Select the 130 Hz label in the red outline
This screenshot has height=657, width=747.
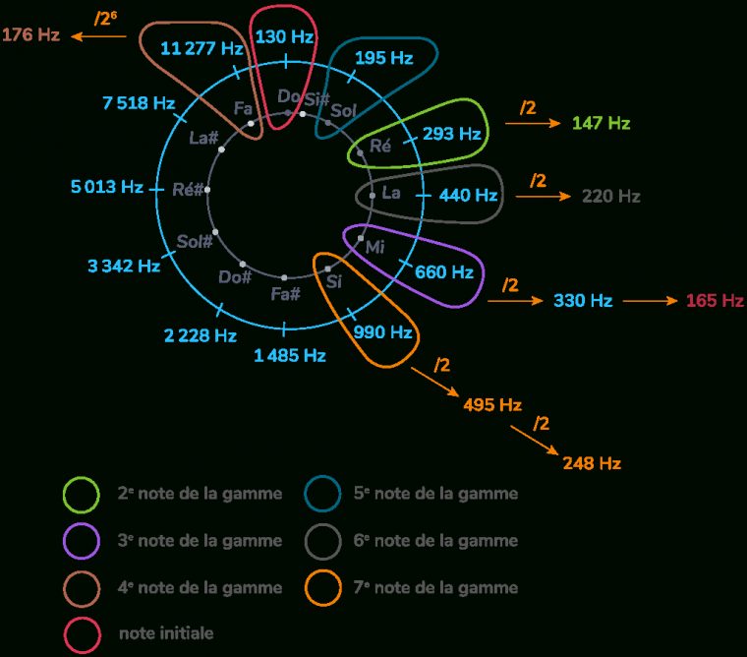click(x=284, y=37)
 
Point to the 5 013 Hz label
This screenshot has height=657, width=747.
click(x=107, y=186)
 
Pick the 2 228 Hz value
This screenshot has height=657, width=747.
click(x=201, y=335)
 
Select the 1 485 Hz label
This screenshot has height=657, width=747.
click(x=290, y=355)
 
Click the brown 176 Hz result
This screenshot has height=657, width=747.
click(x=30, y=34)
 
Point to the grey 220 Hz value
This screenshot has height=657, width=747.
click(x=610, y=196)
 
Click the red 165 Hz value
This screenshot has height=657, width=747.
click(x=715, y=300)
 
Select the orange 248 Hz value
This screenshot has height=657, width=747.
click(x=592, y=462)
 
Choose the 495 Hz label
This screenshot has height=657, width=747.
click(x=491, y=404)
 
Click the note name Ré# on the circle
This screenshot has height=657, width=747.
click(x=187, y=190)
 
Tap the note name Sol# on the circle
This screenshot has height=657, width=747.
click(x=195, y=241)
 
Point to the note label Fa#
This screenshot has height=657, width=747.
click(x=285, y=293)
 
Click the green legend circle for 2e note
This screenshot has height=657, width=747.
click(x=82, y=494)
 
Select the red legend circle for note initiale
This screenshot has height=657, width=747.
click(x=82, y=633)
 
